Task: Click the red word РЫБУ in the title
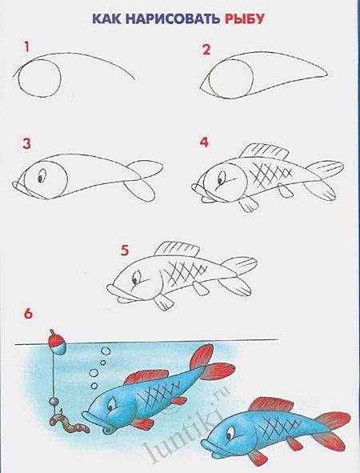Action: pos(245,19)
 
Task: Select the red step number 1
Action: pos(27,47)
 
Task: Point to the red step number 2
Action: pos(206,49)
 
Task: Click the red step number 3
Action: pos(27,144)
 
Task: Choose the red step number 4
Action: pos(204,142)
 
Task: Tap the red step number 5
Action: pos(125,251)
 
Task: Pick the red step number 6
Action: pos(28,314)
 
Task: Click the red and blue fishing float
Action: pos(56,342)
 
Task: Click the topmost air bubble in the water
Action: pos(106,351)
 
